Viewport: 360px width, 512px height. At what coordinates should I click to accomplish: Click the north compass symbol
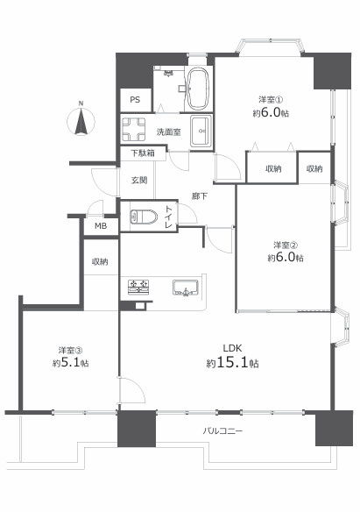point(81,120)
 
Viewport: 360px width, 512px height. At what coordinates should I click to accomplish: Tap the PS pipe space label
point(135,100)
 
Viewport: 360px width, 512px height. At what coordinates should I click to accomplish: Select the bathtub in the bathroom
point(198,88)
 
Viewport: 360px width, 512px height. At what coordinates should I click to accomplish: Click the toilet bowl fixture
point(144,217)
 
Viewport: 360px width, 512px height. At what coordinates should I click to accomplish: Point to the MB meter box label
point(101,226)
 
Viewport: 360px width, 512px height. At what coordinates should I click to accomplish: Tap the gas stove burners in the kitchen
point(138,287)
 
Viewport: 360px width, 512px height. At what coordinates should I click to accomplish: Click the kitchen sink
point(186,288)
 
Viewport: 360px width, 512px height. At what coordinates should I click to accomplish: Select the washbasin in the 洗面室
point(201,131)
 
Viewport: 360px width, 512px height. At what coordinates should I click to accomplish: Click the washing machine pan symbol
point(133,129)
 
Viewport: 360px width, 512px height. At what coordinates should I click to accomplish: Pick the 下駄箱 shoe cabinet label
point(143,153)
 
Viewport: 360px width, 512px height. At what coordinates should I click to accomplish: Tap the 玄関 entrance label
point(139,180)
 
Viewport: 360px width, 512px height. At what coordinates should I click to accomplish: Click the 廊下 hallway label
point(200,196)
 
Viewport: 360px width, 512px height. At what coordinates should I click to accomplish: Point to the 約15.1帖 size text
point(233,363)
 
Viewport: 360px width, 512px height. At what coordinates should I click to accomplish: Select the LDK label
point(232,348)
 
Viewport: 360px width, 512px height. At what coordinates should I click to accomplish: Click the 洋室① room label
point(271,98)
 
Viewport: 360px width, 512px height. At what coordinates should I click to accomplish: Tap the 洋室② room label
point(286,245)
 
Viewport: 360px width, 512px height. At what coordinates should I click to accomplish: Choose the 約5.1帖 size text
point(71,363)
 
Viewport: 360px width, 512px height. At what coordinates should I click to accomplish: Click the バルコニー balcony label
point(222,431)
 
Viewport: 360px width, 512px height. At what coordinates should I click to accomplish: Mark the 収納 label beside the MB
point(100,261)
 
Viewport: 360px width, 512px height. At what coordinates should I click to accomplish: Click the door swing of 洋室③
point(131,389)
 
